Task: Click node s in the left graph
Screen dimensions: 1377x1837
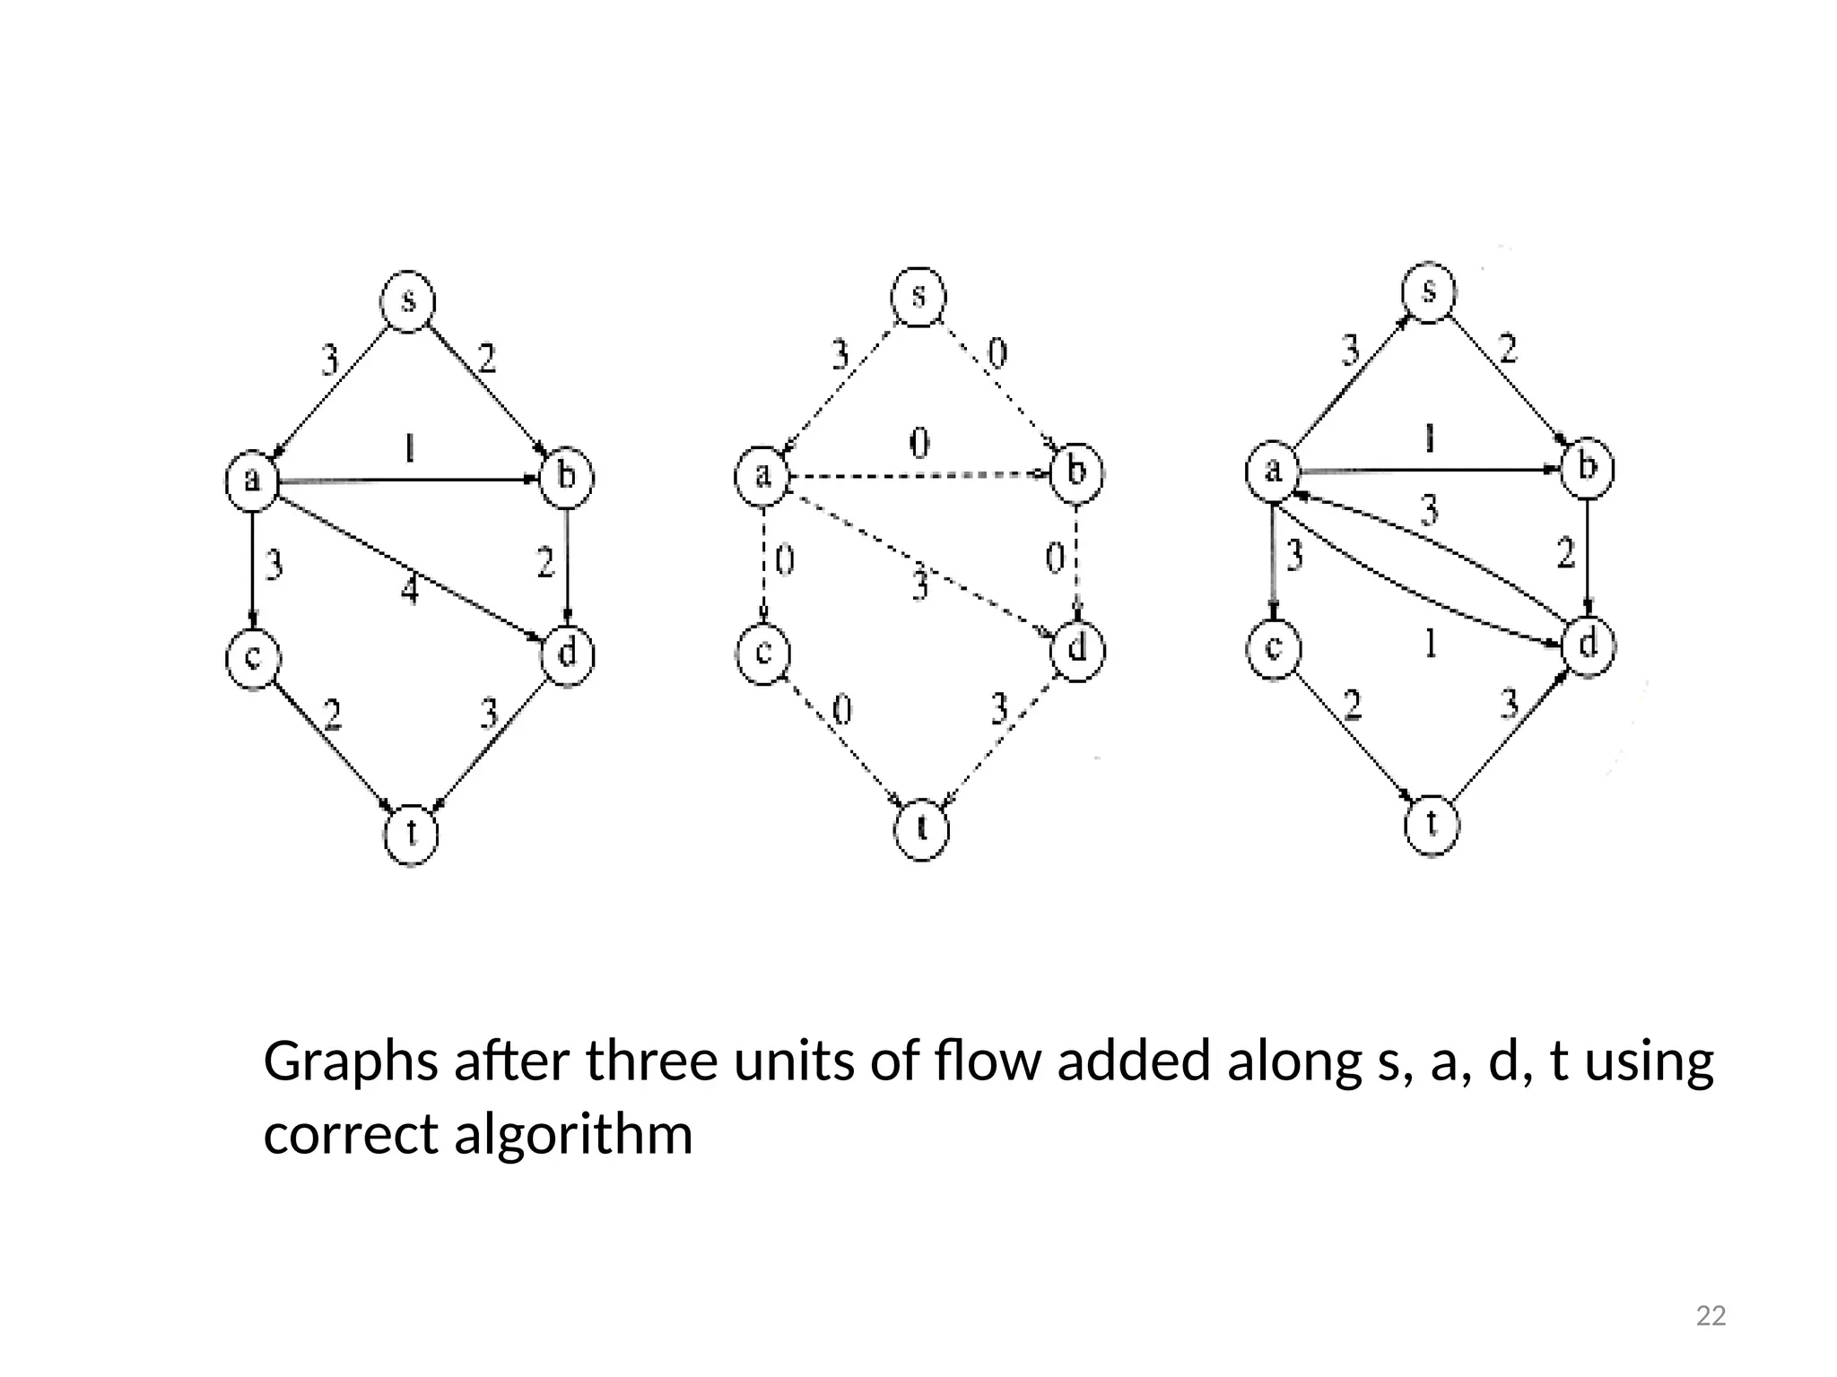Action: coord(408,301)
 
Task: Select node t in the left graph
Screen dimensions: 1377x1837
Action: coord(411,834)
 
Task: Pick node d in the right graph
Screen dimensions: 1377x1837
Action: coord(1588,645)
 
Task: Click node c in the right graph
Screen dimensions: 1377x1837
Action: coord(1273,647)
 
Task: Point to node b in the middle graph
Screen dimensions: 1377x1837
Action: coord(1076,472)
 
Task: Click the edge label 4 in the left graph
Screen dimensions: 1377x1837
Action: coord(409,591)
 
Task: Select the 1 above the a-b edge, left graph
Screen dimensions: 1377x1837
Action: coord(409,447)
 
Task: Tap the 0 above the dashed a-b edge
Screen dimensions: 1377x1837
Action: coord(919,443)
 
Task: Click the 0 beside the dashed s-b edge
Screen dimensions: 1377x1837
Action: coord(997,353)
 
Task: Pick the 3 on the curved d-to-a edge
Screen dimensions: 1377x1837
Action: coord(1429,510)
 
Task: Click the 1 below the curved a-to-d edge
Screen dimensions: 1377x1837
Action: coord(1431,643)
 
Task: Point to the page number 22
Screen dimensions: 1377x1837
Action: coord(1711,1316)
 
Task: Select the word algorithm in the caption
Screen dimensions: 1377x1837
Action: coord(573,1135)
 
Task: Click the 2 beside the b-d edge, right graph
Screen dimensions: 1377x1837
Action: coord(1565,553)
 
